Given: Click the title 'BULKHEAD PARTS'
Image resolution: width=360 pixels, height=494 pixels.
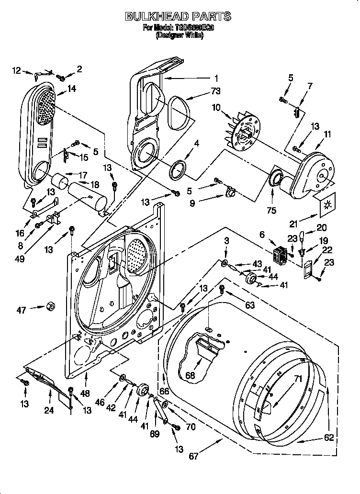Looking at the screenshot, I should (x=178, y=17).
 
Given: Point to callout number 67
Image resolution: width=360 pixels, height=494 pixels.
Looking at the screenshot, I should (x=193, y=456).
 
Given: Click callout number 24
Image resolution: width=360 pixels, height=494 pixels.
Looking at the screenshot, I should (x=49, y=410).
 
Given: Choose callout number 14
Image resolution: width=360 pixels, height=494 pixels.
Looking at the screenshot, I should (x=72, y=88).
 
